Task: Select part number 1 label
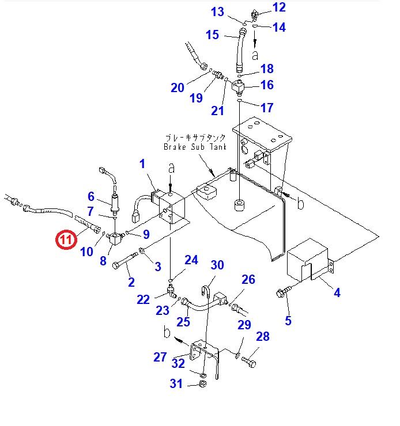tap(142, 164)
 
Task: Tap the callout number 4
tap(337, 292)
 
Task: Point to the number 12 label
tap(279, 7)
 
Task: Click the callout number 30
tap(217, 265)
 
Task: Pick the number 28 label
tap(262, 337)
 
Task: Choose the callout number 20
tap(177, 88)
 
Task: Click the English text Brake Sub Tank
tap(194, 147)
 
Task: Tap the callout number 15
tap(212, 35)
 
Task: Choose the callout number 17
tap(267, 108)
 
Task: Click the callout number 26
tap(248, 280)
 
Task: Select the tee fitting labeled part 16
tap(239, 88)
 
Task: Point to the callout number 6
tap(90, 196)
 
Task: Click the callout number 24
tap(191, 260)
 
